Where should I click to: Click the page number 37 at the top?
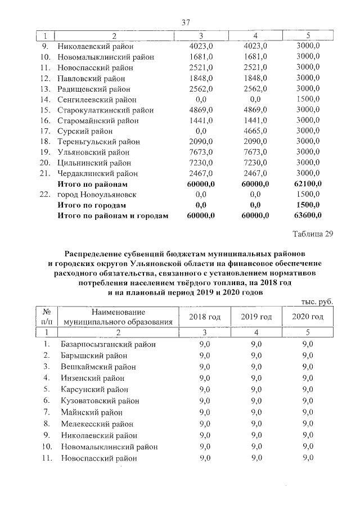(186, 22)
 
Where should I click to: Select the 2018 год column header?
(205, 317)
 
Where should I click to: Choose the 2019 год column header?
(256, 317)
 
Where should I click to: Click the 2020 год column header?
(308, 317)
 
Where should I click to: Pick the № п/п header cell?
(47, 317)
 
